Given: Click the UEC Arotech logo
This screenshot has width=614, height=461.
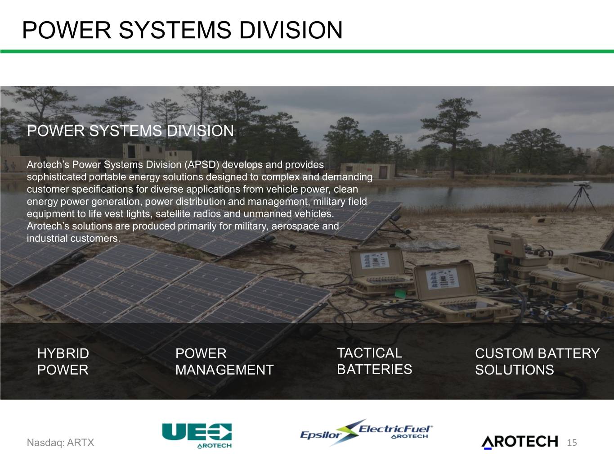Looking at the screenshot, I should pyautogui.click(x=197, y=435).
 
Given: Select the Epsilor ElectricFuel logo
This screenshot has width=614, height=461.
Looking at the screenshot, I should pyautogui.click(x=366, y=433).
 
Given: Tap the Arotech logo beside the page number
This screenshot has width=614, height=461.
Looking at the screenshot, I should pyautogui.click(x=520, y=442).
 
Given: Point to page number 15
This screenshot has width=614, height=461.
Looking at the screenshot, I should pyautogui.click(x=572, y=443).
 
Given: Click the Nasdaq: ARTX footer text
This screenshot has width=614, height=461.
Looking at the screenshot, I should pyautogui.click(x=61, y=443).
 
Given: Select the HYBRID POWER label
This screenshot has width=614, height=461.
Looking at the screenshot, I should pyautogui.click(x=63, y=362).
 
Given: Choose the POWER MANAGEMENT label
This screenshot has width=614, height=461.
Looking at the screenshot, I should pyautogui.click(x=224, y=362).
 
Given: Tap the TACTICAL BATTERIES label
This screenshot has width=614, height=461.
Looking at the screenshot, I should pyautogui.click(x=374, y=361).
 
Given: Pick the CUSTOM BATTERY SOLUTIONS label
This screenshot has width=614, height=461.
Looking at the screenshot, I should pyautogui.click(x=537, y=362).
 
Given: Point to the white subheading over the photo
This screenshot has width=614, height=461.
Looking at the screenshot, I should pyautogui.click(x=130, y=131).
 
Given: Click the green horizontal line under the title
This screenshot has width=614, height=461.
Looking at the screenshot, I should pyautogui.click(x=307, y=51).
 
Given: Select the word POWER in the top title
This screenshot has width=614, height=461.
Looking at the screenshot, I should pyautogui.click(x=67, y=30).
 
